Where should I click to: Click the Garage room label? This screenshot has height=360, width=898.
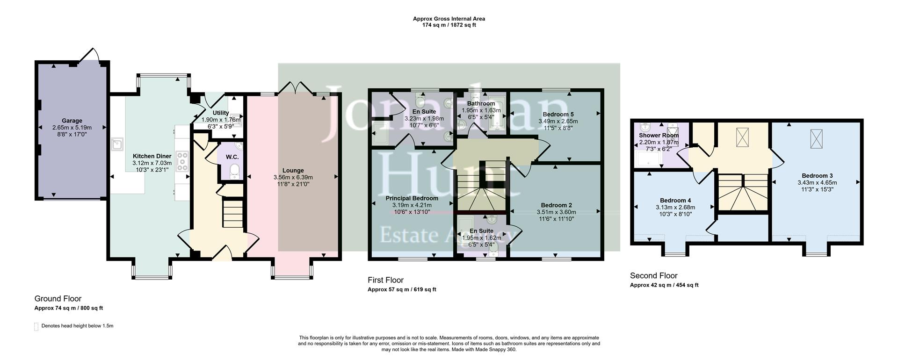pyautogui.click(x=72, y=121)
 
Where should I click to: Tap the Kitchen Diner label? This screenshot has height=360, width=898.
pyautogui.click(x=152, y=156)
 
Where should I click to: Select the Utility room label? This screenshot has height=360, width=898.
pyautogui.click(x=221, y=113)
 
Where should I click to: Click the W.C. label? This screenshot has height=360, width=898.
pyautogui.click(x=232, y=157)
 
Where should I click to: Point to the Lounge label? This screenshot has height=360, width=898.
pyautogui.click(x=293, y=171)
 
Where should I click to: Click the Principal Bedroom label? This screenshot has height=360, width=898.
pyautogui.click(x=412, y=198)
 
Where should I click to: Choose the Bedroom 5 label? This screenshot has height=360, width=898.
pyautogui.click(x=558, y=114)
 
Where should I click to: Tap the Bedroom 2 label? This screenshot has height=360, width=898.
pyautogui.click(x=556, y=205)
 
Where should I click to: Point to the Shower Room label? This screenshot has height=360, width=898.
pyautogui.click(x=659, y=136)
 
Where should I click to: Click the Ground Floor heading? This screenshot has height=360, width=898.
pyautogui.click(x=58, y=298)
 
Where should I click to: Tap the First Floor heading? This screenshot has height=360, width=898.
pyautogui.click(x=385, y=280)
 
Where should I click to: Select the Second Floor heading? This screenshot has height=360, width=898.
pyautogui.click(x=653, y=275)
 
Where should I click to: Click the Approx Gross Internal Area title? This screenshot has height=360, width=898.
pyautogui.click(x=449, y=19)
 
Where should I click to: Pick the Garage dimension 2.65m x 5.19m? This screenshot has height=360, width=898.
pyautogui.click(x=72, y=127)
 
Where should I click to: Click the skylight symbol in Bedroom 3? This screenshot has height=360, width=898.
pyautogui.click(x=816, y=138)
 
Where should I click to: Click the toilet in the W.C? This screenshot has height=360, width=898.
pyautogui.click(x=234, y=172)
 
